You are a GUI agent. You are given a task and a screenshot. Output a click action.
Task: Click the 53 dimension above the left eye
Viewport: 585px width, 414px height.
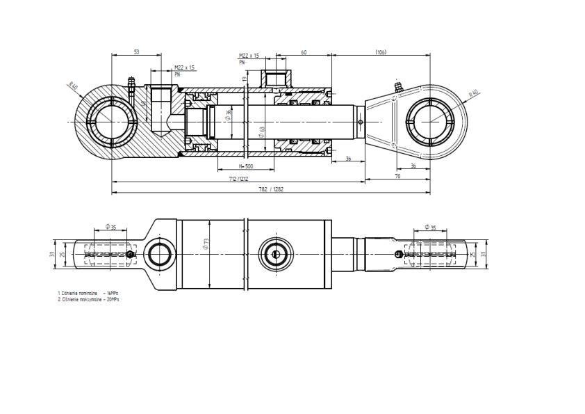point(136,52)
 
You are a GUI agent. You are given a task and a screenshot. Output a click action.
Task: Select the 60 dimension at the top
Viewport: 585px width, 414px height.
point(304,52)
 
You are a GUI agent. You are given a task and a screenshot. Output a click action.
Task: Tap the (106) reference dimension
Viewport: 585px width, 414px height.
point(381,52)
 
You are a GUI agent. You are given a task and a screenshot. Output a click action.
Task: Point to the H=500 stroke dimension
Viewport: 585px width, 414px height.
point(245,166)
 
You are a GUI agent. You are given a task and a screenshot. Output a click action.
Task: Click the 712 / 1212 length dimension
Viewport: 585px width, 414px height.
point(238,179)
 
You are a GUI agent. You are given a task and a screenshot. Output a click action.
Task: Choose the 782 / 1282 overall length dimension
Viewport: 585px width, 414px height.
point(271,189)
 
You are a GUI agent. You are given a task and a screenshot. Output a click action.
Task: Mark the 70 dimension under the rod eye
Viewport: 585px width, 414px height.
point(397,177)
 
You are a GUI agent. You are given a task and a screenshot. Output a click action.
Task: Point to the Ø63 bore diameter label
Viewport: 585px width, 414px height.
point(262,130)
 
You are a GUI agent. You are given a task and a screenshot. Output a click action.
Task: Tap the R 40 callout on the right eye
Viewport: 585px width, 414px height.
point(474,93)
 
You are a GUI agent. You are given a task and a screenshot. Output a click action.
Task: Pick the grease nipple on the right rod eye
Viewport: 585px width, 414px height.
point(399,88)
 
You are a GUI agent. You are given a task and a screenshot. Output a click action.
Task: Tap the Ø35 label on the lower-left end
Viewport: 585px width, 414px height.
point(110,227)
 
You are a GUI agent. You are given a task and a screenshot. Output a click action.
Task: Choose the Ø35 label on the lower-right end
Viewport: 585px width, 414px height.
point(430,228)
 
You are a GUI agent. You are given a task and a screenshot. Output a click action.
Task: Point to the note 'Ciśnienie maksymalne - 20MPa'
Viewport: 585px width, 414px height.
point(88,299)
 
